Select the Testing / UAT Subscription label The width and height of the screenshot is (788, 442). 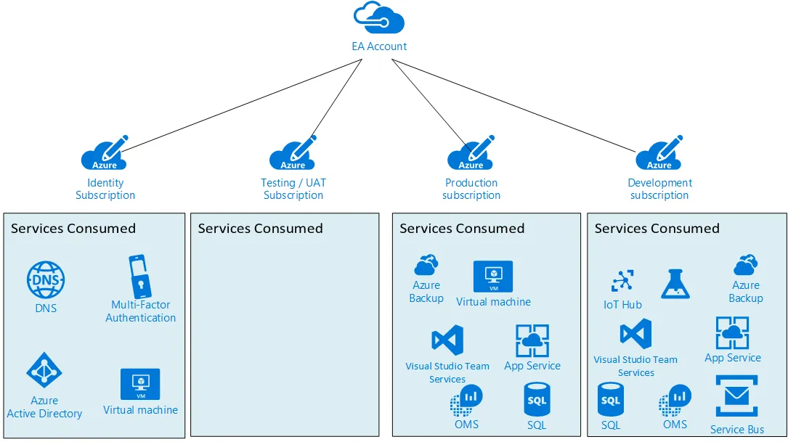coord(293,189)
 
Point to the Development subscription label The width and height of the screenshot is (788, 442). coord(660,189)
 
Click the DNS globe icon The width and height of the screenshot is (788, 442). coord(46,279)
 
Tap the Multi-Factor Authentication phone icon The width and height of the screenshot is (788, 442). coord(140,277)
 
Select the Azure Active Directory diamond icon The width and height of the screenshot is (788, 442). coord(44,370)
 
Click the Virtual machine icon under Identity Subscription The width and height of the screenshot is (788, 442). coord(140,384)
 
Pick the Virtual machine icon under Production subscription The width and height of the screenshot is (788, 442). coord(493,277)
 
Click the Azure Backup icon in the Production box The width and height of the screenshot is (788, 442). coord(426,265)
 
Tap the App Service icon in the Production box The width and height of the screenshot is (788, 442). coord(532,340)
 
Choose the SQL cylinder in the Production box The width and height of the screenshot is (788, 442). coord(537,399)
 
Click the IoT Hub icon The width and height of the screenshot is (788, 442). coord(622,281)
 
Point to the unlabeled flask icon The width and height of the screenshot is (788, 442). coord(675,284)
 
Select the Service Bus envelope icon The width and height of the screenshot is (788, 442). coord(736,396)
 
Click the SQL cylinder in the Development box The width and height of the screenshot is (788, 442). coord(611,399)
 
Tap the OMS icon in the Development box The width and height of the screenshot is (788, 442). coord(675,401)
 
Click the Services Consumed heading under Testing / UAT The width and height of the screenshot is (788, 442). coord(260,229)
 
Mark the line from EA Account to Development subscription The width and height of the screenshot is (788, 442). coord(513,105)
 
